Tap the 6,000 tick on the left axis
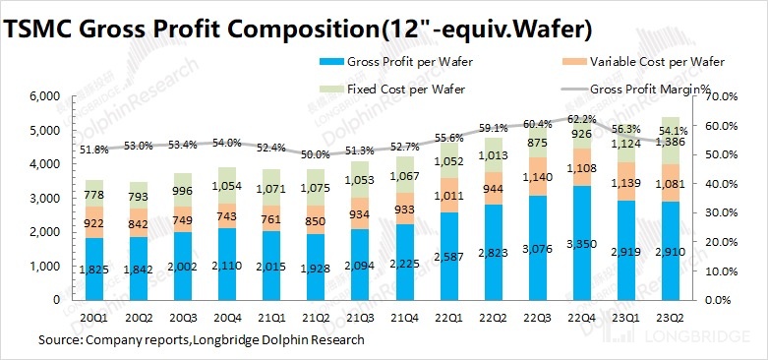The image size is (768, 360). (x=46, y=97)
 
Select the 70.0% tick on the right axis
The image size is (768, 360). (x=724, y=97)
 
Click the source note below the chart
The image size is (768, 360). (x=201, y=340)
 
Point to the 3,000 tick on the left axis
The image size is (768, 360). (x=46, y=199)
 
